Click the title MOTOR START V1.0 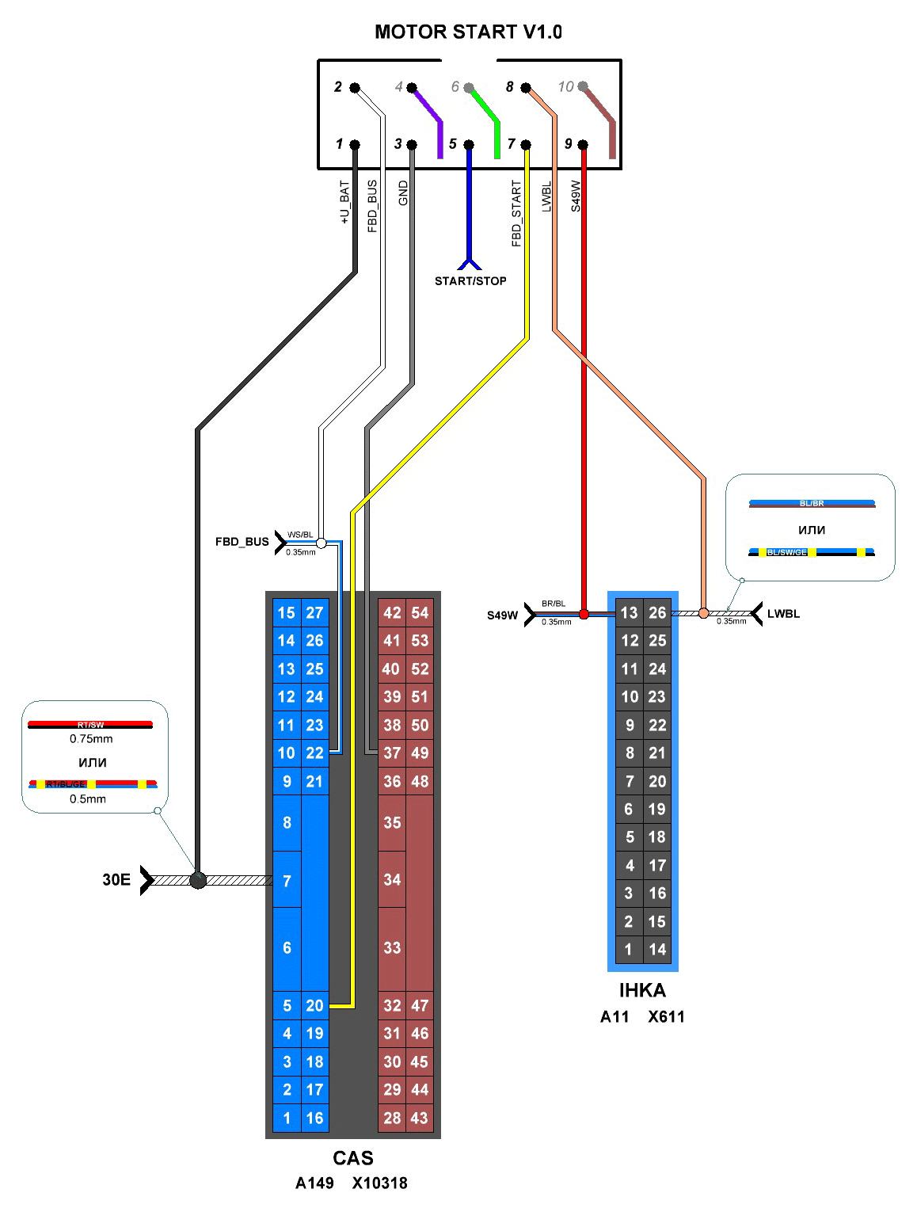[x=467, y=32]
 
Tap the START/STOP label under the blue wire [x=470, y=280]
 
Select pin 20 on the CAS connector [x=314, y=1005]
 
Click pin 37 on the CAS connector [x=392, y=753]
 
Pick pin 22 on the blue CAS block [x=314, y=753]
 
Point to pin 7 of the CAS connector [x=287, y=881]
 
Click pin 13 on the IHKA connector [x=630, y=612]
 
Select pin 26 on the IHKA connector [x=657, y=612]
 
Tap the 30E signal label [x=116, y=879]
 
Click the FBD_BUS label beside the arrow [x=242, y=542]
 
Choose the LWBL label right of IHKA [x=783, y=614]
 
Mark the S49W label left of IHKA [x=502, y=615]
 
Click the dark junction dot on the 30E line [x=198, y=880]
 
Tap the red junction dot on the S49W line [x=584, y=614]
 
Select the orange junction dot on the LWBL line [x=703, y=612]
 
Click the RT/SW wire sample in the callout [x=90, y=724]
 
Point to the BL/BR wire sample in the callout [x=812, y=503]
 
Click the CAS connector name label [x=353, y=1158]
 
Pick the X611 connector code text [x=666, y=1016]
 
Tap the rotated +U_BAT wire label [x=345, y=202]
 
